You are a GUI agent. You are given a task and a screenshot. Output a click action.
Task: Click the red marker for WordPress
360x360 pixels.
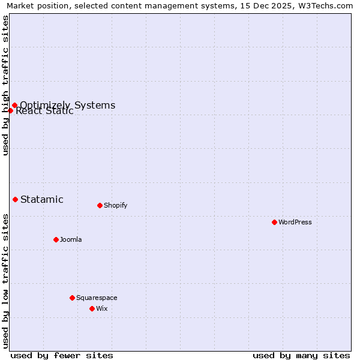pos(274,222)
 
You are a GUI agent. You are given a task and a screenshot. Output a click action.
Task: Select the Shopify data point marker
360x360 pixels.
pos(100,205)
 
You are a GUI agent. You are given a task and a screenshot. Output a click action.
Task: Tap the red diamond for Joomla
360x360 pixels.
pos(56,239)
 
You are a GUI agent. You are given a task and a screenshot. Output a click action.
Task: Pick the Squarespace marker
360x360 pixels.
pos(72,298)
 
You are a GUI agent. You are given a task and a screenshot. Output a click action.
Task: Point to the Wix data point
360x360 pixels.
pos(92,308)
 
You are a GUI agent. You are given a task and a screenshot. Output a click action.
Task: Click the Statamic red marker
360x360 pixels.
pos(15,199)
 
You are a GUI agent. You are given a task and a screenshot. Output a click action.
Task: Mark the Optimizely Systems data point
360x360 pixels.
pos(14,106)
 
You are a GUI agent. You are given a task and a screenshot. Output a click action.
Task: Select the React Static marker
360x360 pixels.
pos(10,110)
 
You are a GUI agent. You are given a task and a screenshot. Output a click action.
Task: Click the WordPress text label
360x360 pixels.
pos(295,222)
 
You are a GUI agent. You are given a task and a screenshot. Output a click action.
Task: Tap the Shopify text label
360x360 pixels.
pos(116,205)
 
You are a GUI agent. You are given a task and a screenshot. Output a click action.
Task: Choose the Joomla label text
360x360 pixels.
pos(71,239)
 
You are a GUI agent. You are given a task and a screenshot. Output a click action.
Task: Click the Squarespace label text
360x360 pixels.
pos(97,298)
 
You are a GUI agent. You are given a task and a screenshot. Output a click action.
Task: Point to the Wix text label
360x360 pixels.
pos(102,308)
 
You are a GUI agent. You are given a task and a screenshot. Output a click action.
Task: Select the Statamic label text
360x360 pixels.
pos(42,200)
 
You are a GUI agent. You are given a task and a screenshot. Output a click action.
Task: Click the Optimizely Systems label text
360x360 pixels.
pos(68,105)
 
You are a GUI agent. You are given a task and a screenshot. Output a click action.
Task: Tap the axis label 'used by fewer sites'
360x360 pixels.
pos(62,355)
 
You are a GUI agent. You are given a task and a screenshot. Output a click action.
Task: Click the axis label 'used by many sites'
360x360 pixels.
pos(301,355)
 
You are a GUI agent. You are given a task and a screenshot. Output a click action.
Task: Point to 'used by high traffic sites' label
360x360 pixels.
pos(6,85)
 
